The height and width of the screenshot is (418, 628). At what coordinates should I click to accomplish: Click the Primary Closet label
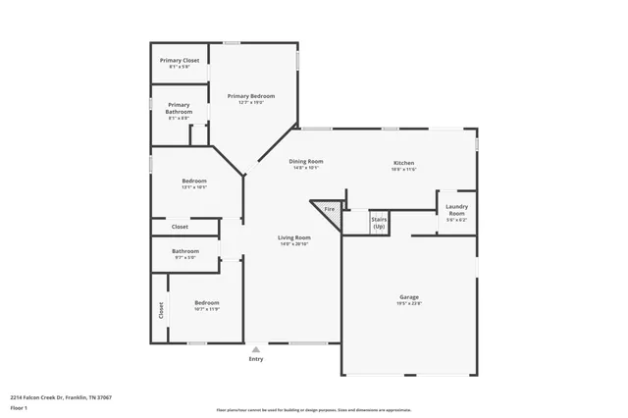click(180, 61)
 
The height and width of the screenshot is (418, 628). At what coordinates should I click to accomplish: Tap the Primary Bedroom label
click(251, 96)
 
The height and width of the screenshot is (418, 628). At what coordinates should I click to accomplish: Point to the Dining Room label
click(306, 162)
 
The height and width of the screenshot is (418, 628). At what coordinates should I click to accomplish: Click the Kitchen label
click(404, 163)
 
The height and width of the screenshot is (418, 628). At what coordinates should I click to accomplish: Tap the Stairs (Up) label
click(378, 223)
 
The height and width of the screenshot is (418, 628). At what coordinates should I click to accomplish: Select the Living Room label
click(293, 237)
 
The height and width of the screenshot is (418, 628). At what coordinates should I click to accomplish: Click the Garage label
click(409, 296)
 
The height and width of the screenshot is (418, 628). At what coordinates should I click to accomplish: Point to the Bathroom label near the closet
click(185, 251)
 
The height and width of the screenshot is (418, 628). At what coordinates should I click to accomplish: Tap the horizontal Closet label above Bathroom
click(181, 227)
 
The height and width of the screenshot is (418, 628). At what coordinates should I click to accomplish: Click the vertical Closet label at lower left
click(161, 309)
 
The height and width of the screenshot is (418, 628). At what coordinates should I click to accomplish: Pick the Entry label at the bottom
click(256, 359)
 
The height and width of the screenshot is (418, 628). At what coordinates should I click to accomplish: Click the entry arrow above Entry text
click(256, 348)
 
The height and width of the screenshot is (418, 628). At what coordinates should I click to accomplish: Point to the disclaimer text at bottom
click(314, 408)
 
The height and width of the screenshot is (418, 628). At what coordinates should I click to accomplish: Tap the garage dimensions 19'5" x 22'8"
click(409, 303)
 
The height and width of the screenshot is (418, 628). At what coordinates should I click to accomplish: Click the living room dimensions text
click(293, 244)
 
